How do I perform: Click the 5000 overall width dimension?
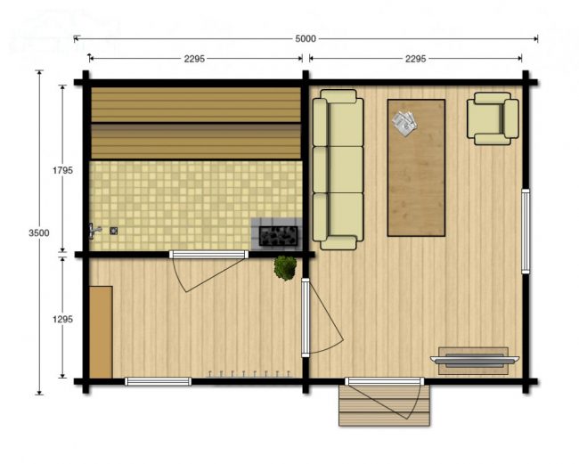(x=306, y=39)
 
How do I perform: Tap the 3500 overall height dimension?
(x=39, y=233)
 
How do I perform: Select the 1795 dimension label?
(x=62, y=170)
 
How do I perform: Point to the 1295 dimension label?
(x=62, y=320)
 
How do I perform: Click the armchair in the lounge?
(x=493, y=118)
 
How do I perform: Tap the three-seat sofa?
(x=338, y=169)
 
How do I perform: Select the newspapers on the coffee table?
(x=404, y=124)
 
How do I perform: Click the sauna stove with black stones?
(x=278, y=235)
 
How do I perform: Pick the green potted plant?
(x=285, y=267)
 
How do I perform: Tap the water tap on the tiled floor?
(x=94, y=231)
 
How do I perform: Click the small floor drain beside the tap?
(x=114, y=231)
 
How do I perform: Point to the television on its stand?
(x=475, y=361)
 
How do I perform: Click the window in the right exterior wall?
(x=526, y=231)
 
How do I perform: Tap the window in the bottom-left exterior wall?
(x=158, y=381)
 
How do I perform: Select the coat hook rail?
(x=249, y=374)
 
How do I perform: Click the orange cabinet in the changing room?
(x=101, y=332)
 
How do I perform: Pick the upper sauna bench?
(x=196, y=104)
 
